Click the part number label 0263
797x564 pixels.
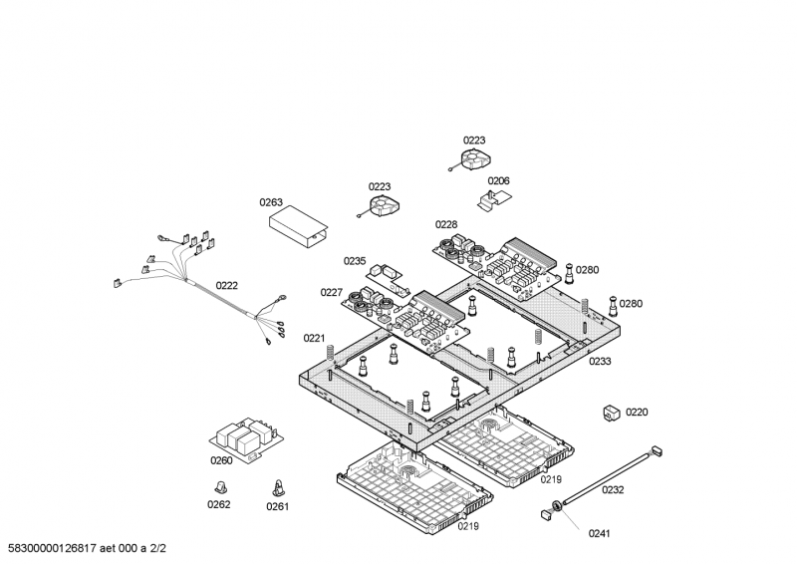pyautogui.click(x=272, y=202)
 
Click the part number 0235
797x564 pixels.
pyautogui.click(x=356, y=261)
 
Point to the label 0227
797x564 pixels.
pyautogui.click(x=332, y=292)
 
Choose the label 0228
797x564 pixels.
pyautogui.click(x=446, y=224)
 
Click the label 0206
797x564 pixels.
pyautogui.click(x=498, y=181)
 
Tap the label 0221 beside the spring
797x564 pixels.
pyautogui.click(x=315, y=339)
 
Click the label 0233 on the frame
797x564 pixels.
pyautogui.click(x=600, y=362)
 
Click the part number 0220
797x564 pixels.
pyautogui.click(x=637, y=413)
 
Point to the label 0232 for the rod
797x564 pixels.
pyautogui.click(x=613, y=490)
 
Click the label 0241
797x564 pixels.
pyautogui.click(x=599, y=533)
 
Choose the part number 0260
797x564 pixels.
pyautogui.click(x=221, y=460)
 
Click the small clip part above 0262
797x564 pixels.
pyautogui.click(x=220, y=485)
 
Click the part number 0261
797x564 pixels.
pyautogui.click(x=277, y=506)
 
